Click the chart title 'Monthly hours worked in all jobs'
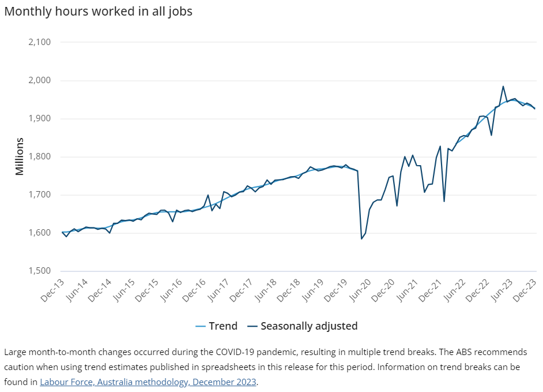tap(98, 11)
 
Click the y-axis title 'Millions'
tap(20, 156)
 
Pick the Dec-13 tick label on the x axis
tap(52, 290)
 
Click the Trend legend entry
tap(216, 326)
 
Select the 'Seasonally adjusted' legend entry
tap(303, 326)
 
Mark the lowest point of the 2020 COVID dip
tap(361, 238)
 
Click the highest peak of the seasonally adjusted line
tap(503, 87)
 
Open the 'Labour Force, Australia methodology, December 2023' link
tap(148, 382)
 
